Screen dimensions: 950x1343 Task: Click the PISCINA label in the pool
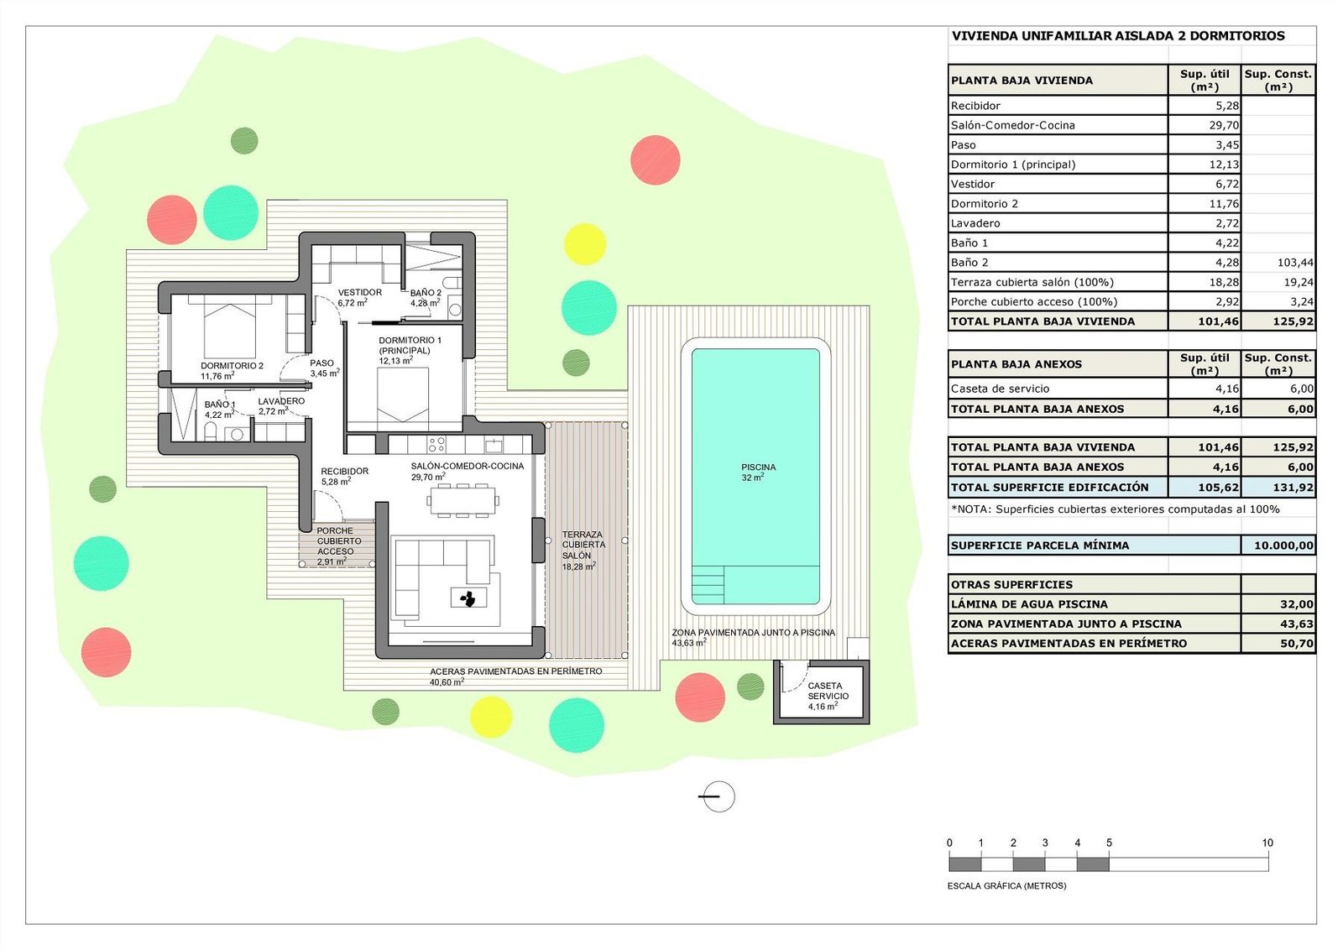[758, 467]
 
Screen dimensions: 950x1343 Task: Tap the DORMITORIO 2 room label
[232, 366]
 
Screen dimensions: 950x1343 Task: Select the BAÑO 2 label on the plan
[426, 293]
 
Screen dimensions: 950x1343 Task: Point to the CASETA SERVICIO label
[828, 691]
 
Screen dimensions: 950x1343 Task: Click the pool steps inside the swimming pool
[708, 584]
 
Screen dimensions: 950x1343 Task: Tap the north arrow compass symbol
[716, 796]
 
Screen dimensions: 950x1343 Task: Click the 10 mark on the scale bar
[1267, 843]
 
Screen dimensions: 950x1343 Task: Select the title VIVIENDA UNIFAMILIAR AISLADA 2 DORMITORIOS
[1118, 36]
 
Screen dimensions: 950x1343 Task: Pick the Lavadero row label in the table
[975, 223]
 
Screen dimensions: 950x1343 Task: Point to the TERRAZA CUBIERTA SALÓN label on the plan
[583, 545]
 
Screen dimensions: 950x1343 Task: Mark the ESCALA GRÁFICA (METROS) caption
[1006, 885]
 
